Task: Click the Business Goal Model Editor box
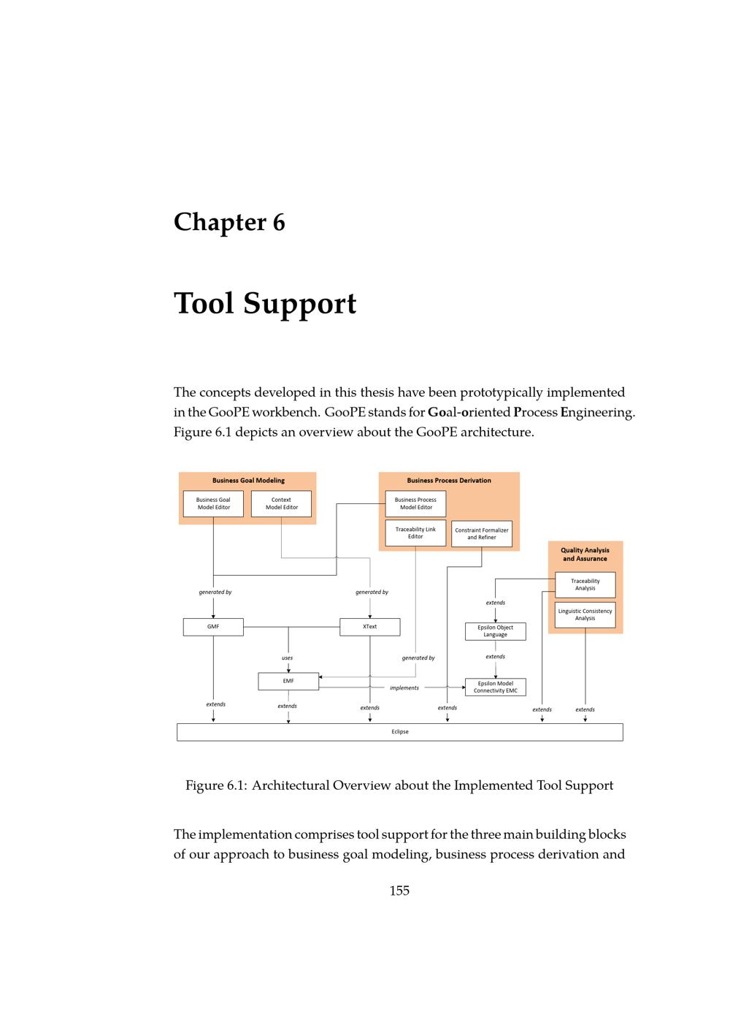(x=213, y=503)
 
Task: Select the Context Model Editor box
(x=281, y=503)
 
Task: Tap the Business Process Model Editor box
(x=415, y=503)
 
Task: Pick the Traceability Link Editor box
(x=415, y=533)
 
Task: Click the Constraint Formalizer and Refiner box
(x=482, y=533)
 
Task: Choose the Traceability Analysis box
(x=585, y=584)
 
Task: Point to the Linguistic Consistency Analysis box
(x=585, y=614)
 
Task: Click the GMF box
(x=213, y=627)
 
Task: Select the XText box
(x=370, y=627)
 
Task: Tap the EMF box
(x=288, y=681)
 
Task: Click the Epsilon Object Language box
(x=496, y=631)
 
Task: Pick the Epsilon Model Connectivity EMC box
(x=496, y=687)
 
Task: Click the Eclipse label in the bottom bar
(x=400, y=731)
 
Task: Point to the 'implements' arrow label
(x=404, y=687)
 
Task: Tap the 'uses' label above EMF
(x=288, y=657)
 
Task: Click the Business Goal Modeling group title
(x=248, y=481)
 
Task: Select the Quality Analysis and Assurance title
(x=585, y=554)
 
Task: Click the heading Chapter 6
(x=229, y=222)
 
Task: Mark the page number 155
(x=399, y=891)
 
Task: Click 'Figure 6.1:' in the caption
(x=215, y=785)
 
